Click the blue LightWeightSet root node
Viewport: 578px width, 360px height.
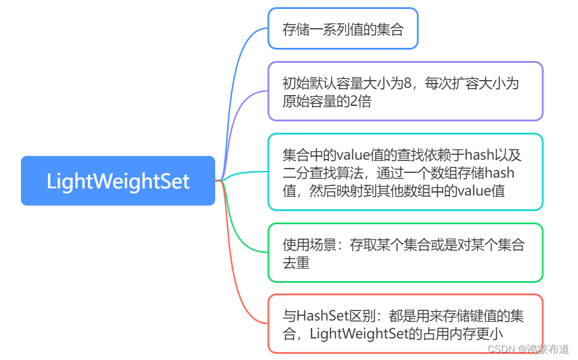(x=118, y=181)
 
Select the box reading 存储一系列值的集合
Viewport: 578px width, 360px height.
(x=342, y=29)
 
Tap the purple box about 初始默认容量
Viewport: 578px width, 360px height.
(x=405, y=91)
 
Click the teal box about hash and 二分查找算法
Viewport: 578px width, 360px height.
(x=405, y=173)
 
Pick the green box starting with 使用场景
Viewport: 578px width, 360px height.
(x=405, y=253)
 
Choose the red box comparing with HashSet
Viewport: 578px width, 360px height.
(x=405, y=324)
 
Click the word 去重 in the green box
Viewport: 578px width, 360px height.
(x=296, y=263)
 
